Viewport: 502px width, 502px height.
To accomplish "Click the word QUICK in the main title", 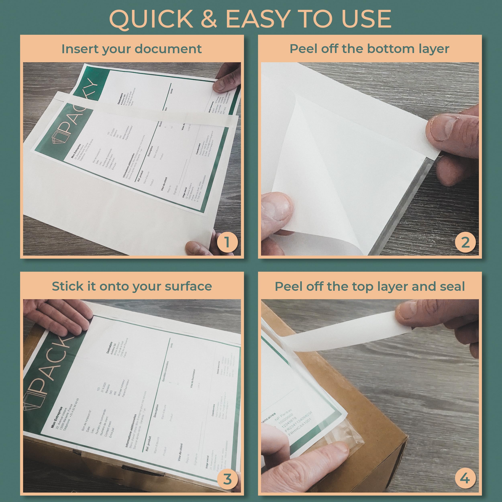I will (151, 19).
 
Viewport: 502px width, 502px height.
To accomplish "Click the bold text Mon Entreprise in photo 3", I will (57, 417).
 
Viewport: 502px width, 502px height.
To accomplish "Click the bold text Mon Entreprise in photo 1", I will (76, 151).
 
